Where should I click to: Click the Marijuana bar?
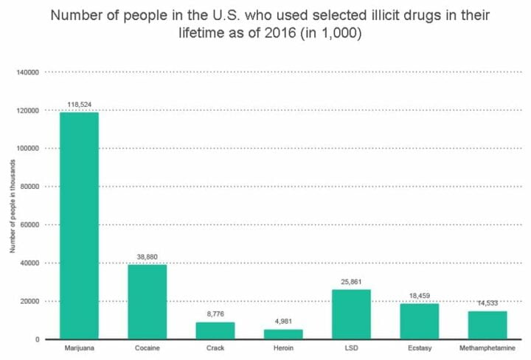click(79, 225)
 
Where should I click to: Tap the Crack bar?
click(215, 330)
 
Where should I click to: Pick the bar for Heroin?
click(283, 333)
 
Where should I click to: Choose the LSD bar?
click(351, 314)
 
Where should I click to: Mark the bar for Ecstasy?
click(419, 321)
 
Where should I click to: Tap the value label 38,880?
click(147, 257)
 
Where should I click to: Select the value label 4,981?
click(283, 322)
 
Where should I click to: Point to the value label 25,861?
click(351, 283)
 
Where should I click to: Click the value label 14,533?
click(487, 303)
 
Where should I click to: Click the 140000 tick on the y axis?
click(27, 72)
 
